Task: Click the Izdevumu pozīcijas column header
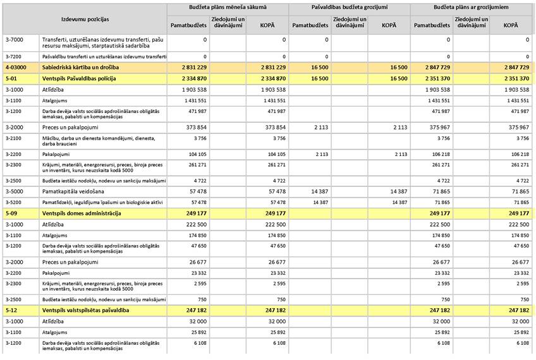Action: coord(85,20)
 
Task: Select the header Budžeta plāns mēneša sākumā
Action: coord(228,8)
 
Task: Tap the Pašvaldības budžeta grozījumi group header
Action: coord(349,8)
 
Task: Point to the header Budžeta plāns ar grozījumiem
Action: coord(471,8)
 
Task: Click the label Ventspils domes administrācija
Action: coord(82,213)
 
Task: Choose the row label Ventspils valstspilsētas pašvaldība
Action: coord(85,310)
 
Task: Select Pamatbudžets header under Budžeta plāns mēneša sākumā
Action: coord(188,25)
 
